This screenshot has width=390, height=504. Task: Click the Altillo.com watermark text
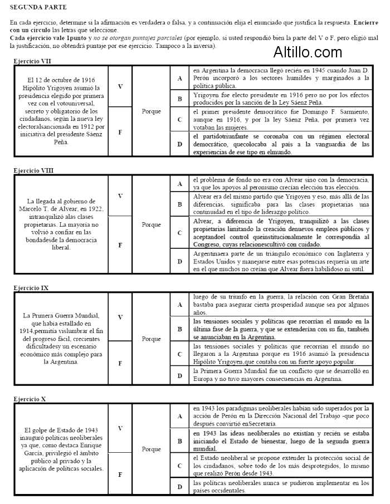[x=308, y=52]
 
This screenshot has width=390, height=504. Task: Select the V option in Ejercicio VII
[x=120, y=86]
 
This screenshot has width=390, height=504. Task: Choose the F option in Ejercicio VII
[x=120, y=133]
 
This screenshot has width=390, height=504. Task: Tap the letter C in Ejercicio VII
[x=179, y=119]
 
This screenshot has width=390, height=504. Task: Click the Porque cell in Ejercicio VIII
[x=151, y=224]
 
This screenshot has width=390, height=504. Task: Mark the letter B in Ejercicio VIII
[x=179, y=204]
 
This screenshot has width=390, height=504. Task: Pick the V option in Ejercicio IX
[x=120, y=317]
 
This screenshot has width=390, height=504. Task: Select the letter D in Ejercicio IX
[x=179, y=375]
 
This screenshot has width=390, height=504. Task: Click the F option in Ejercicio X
[x=120, y=474]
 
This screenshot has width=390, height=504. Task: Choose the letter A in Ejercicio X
[x=179, y=415]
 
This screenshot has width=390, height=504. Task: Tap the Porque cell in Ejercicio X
[x=151, y=449]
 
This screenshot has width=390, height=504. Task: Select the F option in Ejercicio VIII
[x=120, y=244]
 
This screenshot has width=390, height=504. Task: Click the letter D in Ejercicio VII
[x=179, y=144]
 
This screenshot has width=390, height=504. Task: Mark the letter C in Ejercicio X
[x=179, y=465]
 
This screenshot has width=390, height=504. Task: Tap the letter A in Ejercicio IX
[x=179, y=305]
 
